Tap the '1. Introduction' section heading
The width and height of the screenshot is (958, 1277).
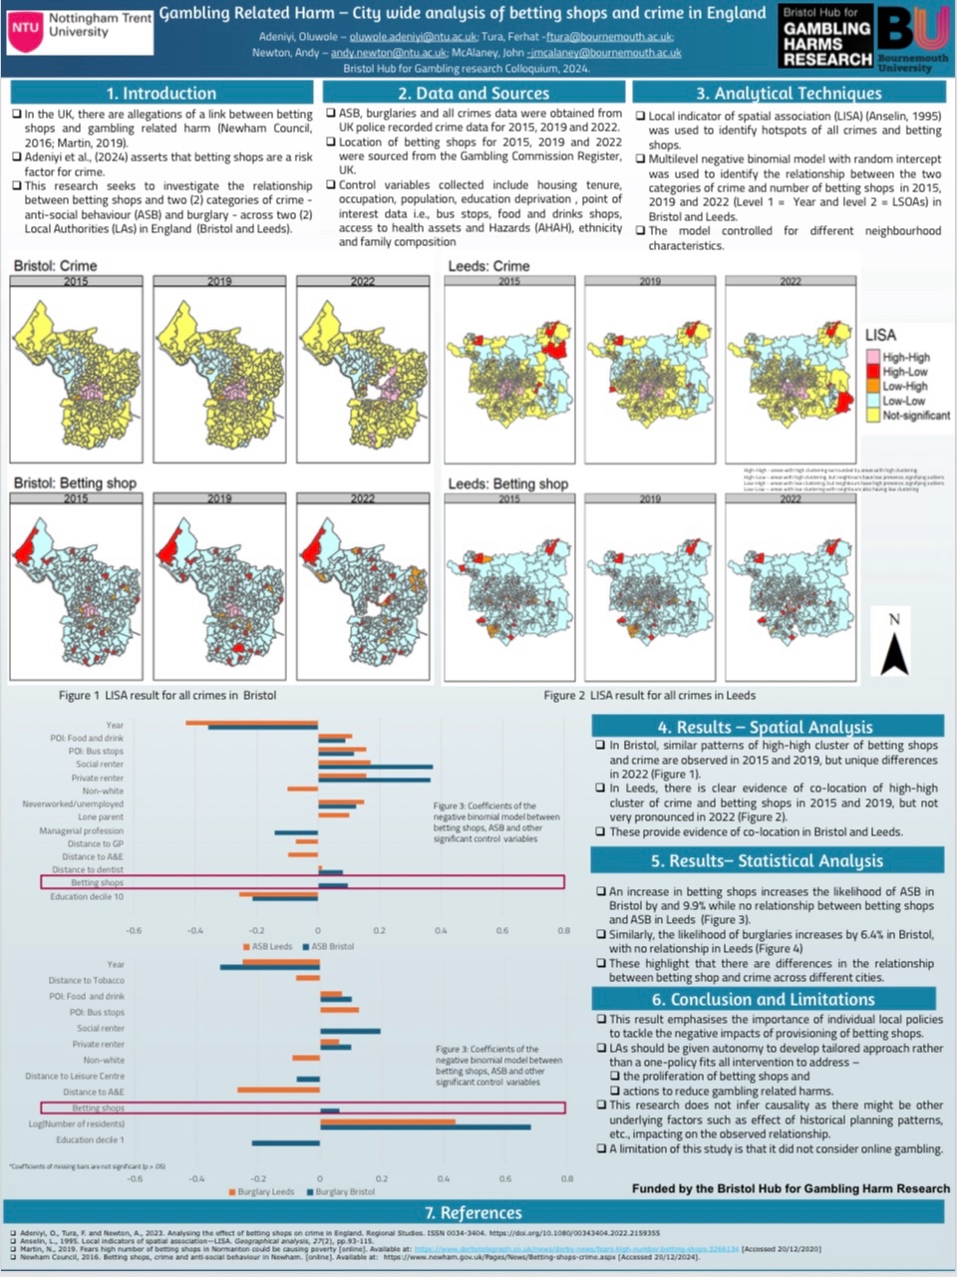point(161,93)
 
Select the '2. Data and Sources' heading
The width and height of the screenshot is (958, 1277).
point(474,93)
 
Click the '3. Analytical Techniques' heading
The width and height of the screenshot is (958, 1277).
point(789,93)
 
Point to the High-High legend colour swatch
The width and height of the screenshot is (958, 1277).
point(872,357)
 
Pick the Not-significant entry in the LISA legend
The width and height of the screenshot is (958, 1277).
point(915,415)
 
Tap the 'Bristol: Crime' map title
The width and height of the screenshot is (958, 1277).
point(56,266)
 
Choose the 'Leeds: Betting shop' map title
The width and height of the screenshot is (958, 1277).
point(507,483)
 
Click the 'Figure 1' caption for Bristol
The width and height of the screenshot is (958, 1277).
point(167,695)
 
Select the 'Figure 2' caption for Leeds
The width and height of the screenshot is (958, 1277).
point(649,695)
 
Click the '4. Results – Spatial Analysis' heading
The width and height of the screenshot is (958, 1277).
point(765,727)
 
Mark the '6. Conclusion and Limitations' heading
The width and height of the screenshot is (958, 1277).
point(763,999)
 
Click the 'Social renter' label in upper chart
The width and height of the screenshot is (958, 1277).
point(100,765)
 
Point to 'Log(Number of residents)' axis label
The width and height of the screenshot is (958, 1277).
point(77,1123)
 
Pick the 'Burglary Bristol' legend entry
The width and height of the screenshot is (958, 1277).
point(345,1191)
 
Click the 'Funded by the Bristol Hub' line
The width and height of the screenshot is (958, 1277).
point(791,1188)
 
